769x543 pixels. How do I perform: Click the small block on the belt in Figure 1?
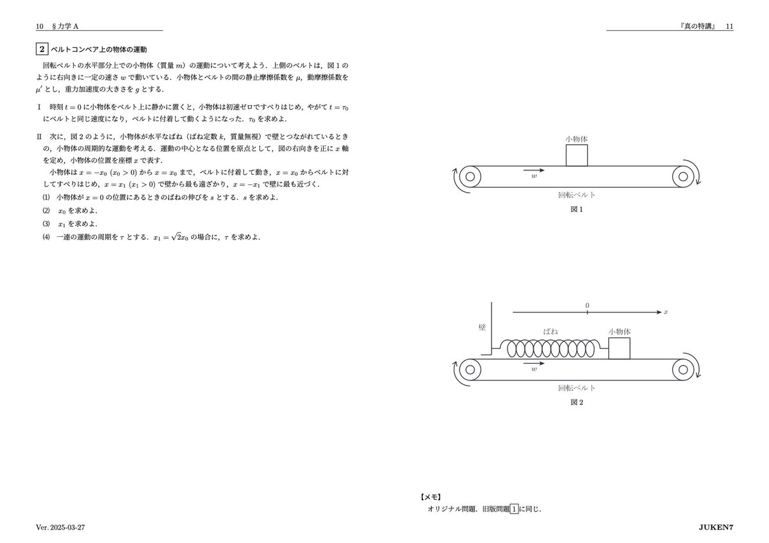pyautogui.click(x=577, y=155)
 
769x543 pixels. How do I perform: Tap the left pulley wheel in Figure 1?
pyautogui.click(x=470, y=177)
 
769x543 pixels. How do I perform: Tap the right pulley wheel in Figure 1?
pyautogui.click(x=683, y=177)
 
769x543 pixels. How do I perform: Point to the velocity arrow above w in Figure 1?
pyautogui.click(x=534, y=170)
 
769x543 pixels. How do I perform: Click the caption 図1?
pyautogui.click(x=576, y=209)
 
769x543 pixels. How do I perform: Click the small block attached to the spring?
pyautogui.click(x=619, y=348)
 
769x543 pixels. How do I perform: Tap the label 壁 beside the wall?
pyautogui.click(x=482, y=327)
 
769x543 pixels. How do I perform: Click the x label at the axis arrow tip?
pyautogui.click(x=666, y=312)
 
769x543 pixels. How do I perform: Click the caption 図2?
pyautogui.click(x=576, y=403)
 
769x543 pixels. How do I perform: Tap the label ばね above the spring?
pyautogui.click(x=550, y=331)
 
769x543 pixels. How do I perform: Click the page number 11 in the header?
pyautogui.click(x=729, y=26)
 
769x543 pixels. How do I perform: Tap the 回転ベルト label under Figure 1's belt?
pyautogui.click(x=577, y=195)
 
